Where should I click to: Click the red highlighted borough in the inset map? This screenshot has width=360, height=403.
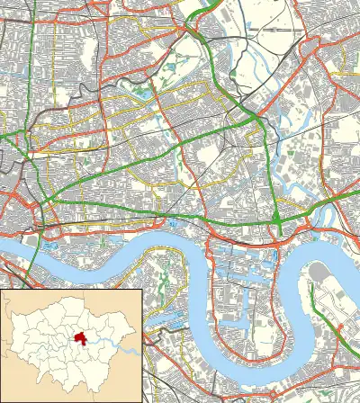pyautogui.click(x=82, y=340)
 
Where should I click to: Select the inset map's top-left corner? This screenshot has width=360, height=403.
pyautogui.click(x=2, y=291)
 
